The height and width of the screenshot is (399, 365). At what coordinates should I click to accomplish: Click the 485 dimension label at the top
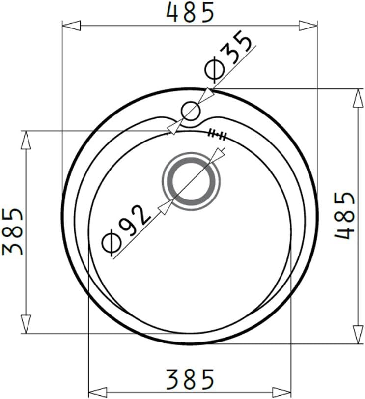pyautogui.click(x=190, y=12)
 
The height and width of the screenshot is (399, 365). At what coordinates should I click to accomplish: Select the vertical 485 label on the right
pyautogui.click(x=344, y=216)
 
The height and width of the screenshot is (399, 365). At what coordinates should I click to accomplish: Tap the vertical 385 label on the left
pyautogui.click(x=12, y=231)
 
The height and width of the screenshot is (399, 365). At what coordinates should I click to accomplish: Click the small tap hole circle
pyautogui.click(x=191, y=111)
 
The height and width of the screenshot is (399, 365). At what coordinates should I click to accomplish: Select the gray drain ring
pyautogui.click(x=191, y=181)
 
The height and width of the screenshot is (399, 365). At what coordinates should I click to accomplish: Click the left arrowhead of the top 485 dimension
pyautogui.click(x=71, y=26)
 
